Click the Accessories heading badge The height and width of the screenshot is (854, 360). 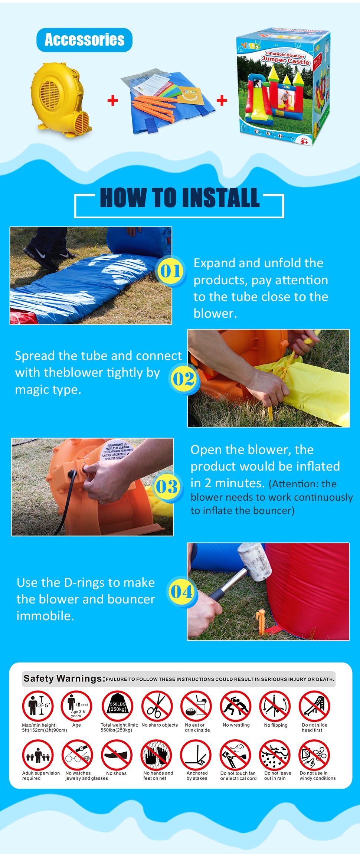tap(84, 40)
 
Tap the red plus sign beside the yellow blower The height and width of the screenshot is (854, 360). tap(112, 100)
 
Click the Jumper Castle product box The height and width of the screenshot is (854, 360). tap(283, 87)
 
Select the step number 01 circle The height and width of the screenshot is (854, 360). tap(170, 271)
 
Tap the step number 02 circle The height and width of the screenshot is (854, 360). tap(183, 379)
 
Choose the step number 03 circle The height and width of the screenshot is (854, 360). tap(167, 487)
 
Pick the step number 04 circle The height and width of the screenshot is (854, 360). tap(181, 592)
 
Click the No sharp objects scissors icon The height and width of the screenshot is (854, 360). tap(157, 706)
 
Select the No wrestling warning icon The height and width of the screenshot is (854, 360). tap(235, 706)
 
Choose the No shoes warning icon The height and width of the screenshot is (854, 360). tap(117, 755)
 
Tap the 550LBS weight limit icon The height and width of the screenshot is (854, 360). tap(117, 706)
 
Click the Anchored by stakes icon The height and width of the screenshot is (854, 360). tap(196, 755)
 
